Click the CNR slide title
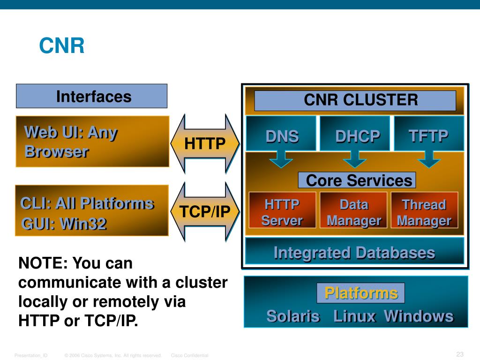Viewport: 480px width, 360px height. coord(61,46)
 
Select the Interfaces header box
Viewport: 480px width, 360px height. coord(92,96)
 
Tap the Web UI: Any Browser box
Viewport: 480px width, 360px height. coord(92,142)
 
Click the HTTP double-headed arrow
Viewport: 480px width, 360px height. coord(205,143)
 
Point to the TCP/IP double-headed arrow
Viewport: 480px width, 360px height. coord(205,212)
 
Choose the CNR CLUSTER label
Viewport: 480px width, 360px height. coord(355,100)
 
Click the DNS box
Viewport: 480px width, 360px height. coord(282,136)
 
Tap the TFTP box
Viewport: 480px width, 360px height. coord(428,136)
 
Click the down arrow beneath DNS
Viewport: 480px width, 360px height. coord(281,159)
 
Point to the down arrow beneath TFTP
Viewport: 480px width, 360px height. coord(428,159)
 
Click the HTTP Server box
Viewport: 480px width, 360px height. coord(282,212)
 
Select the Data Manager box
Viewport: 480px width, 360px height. coord(353,212)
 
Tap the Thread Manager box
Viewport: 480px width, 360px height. coord(424,212)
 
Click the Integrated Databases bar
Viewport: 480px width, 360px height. coord(354,253)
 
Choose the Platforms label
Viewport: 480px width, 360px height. coord(361,293)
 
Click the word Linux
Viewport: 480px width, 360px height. coord(354,316)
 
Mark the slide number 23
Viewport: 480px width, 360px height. coord(459,354)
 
